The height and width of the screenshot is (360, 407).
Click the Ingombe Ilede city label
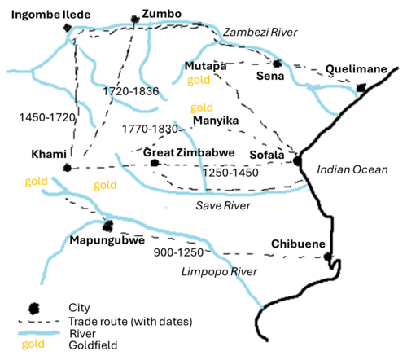tap(39, 14)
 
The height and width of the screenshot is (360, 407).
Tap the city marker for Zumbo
tap(134, 20)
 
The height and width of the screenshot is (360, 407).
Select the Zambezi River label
tap(260, 31)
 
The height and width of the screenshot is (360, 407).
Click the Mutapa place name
tap(205, 65)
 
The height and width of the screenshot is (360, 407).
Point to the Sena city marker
tap(278, 63)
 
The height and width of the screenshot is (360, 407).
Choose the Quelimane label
tap(356, 69)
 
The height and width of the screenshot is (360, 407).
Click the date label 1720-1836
tap(131, 91)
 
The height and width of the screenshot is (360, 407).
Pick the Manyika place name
tap(216, 121)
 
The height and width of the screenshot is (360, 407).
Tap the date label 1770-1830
tap(150, 129)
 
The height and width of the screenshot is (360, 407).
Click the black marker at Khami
tap(67, 168)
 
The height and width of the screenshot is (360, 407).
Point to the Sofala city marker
tap(296, 160)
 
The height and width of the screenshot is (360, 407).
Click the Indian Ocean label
tap(351, 169)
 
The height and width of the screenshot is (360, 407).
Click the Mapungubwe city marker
tap(107, 225)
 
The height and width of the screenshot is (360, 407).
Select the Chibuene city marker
tap(327, 257)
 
